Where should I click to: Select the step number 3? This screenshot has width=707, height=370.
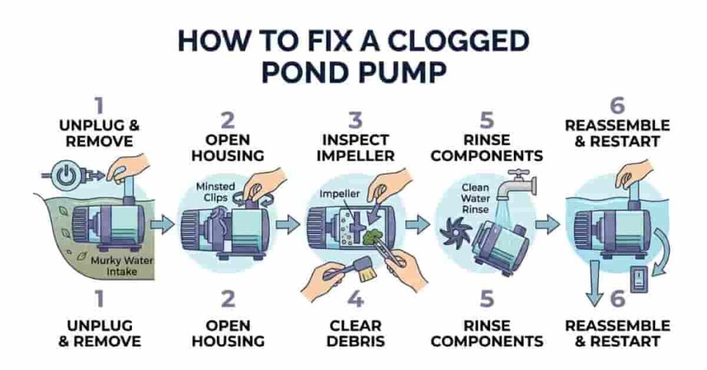pos(354,121)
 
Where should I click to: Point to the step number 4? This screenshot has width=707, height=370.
pos(354,300)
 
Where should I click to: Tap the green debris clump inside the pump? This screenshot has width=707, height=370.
pos(377,235)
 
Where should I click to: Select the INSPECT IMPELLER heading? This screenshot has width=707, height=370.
pos(354,148)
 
